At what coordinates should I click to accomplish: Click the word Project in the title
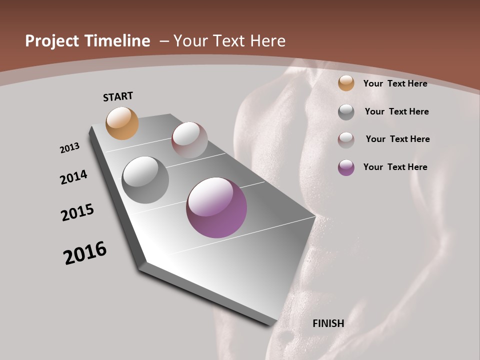pyautogui.click(x=51, y=41)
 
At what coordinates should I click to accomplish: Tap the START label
pyautogui.click(x=118, y=96)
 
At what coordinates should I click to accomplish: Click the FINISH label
pyautogui.click(x=328, y=323)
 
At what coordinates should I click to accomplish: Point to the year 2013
pyautogui.click(x=70, y=148)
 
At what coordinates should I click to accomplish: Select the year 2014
pyautogui.click(x=74, y=177)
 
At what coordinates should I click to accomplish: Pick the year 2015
pyautogui.click(x=77, y=212)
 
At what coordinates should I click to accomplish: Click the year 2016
pyautogui.click(x=85, y=253)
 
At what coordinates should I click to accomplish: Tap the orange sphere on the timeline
pyautogui.click(x=122, y=123)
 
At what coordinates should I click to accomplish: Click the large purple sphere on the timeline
pyautogui.click(x=216, y=207)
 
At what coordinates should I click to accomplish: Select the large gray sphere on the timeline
pyautogui.click(x=145, y=180)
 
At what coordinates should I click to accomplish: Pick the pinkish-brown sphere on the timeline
pyautogui.click(x=189, y=140)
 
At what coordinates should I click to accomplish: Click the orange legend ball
pyautogui.click(x=346, y=83)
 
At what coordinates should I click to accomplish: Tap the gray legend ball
pyautogui.click(x=346, y=112)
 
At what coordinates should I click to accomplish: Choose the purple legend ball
pyautogui.click(x=346, y=167)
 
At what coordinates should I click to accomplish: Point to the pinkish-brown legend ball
pyautogui.click(x=346, y=140)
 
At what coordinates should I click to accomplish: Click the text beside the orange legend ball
pyautogui.click(x=395, y=83)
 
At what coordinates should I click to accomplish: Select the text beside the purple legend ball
pyautogui.click(x=395, y=167)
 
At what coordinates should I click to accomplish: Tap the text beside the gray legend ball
pyautogui.click(x=397, y=111)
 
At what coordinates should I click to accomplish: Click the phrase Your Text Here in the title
pyautogui.click(x=229, y=41)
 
